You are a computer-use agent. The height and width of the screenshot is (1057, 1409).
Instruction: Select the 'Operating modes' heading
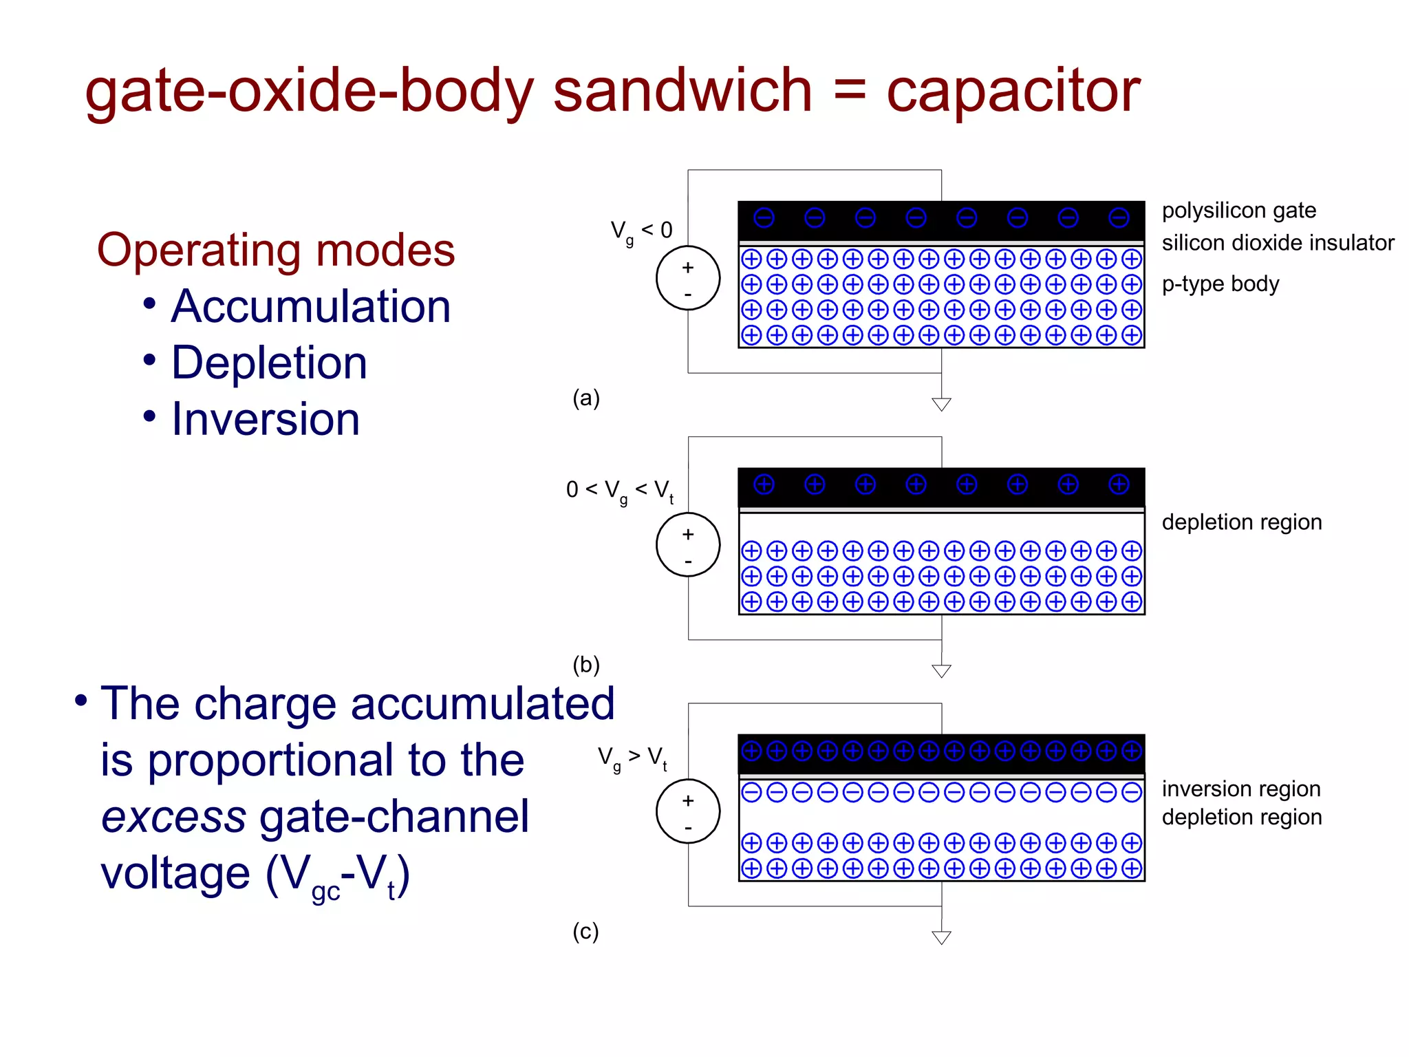pyautogui.click(x=276, y=250)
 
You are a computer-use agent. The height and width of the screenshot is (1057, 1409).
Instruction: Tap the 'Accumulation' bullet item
pyautogui.click(x=311, y=306)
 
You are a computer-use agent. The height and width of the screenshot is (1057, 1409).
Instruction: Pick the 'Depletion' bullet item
pyautogui.click(x=269, y=363)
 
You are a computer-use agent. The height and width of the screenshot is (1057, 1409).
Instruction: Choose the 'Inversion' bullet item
pyautogui.click(x=266, y=419)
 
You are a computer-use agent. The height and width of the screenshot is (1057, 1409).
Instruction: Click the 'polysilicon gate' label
pyautogui.click(x=1238, y=211)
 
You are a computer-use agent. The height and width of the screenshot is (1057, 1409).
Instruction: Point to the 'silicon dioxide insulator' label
pyautogui.click(x=1278, y=243)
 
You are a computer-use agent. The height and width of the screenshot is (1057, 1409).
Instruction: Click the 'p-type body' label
pyautogui.click(x=1220, y=284)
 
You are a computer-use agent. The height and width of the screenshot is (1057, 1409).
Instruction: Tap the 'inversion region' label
pyautogui.click(x=1241, y=789)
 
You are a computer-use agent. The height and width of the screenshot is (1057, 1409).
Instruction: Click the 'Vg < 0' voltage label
pyautogui.click(x=641, y=231)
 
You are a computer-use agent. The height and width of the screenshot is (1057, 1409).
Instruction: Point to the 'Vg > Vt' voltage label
pyautogui.click(x=632, y=758)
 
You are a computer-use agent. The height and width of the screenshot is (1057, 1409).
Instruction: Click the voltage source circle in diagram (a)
pyautogui.click(x=688, y=278)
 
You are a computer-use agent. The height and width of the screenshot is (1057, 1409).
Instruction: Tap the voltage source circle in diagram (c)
pyautogui.click(x=688, y=811)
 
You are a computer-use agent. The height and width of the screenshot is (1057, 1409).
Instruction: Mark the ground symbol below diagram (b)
pyautogui.click(x=941, y=671)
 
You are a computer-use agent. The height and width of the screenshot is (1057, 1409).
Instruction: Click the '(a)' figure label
pyautogui.click(x=586, y=398)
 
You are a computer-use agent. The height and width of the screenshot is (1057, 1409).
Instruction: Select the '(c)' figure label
pyautogui.click(x=585, y=931)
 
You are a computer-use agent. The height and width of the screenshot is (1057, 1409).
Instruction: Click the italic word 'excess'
pyautogui.click(x=173, y=817)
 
